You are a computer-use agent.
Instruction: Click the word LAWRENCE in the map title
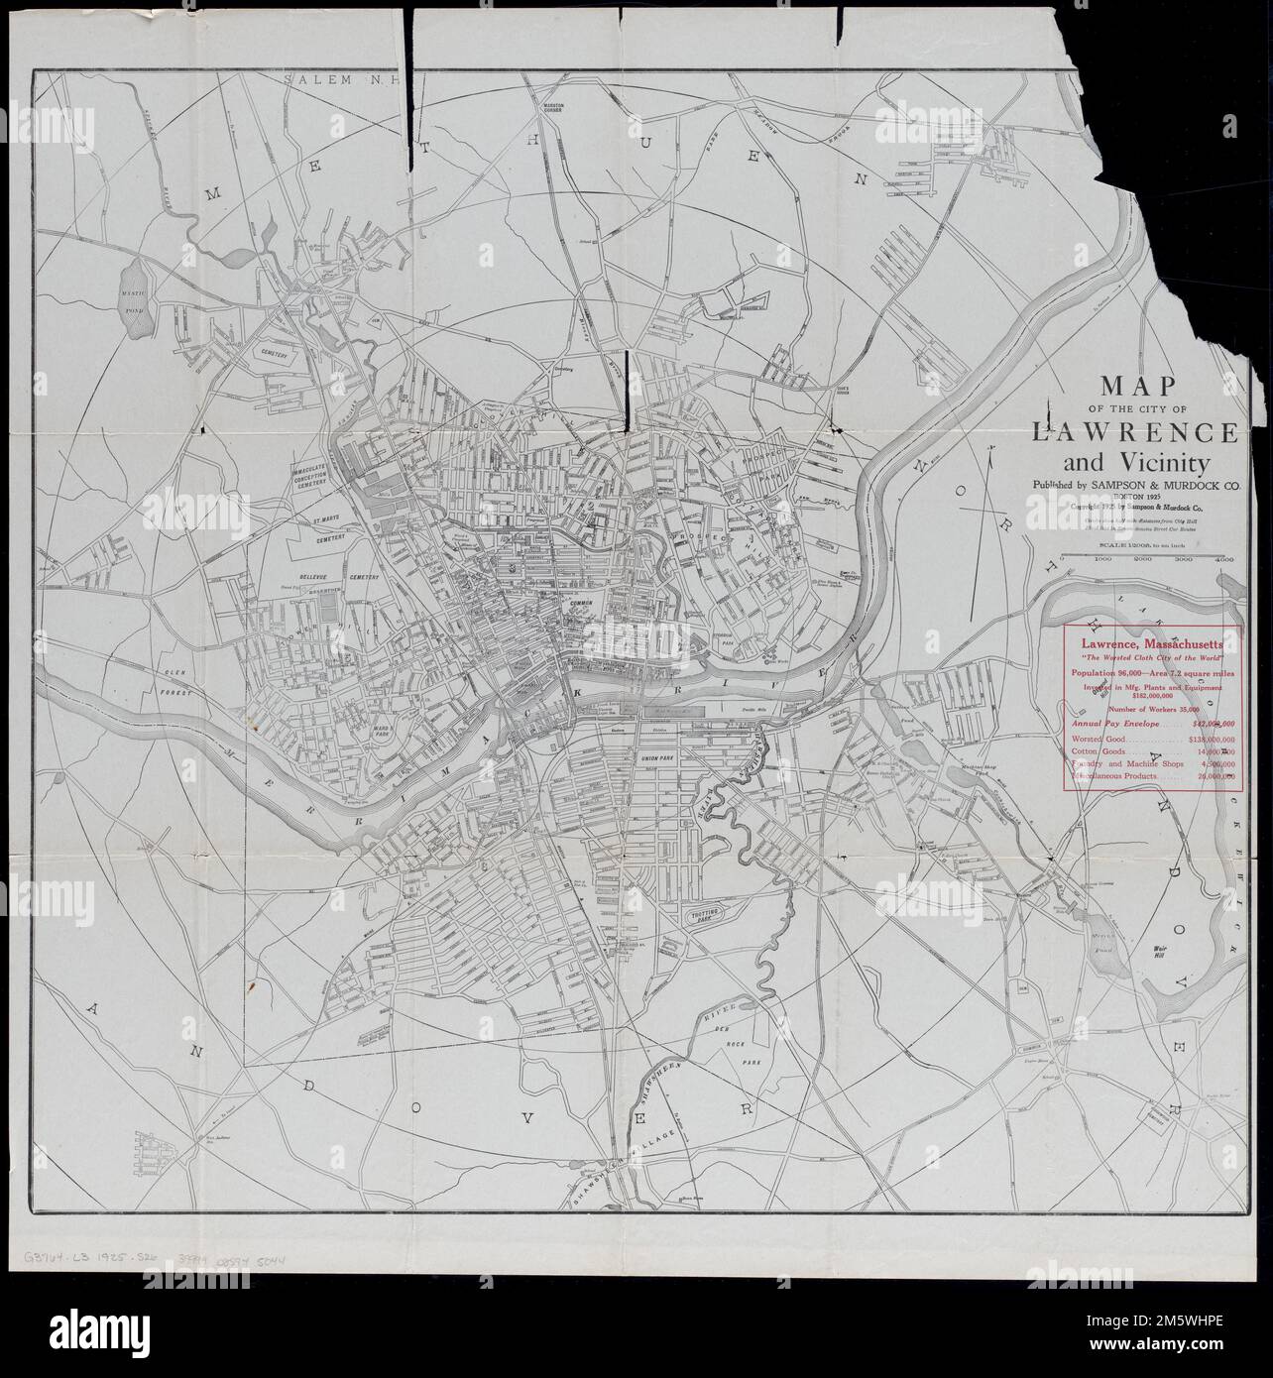pyautogui.click(x=1134, y=433)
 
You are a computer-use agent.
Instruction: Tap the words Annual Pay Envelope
pyautogui.click(x=1107, y=724)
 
